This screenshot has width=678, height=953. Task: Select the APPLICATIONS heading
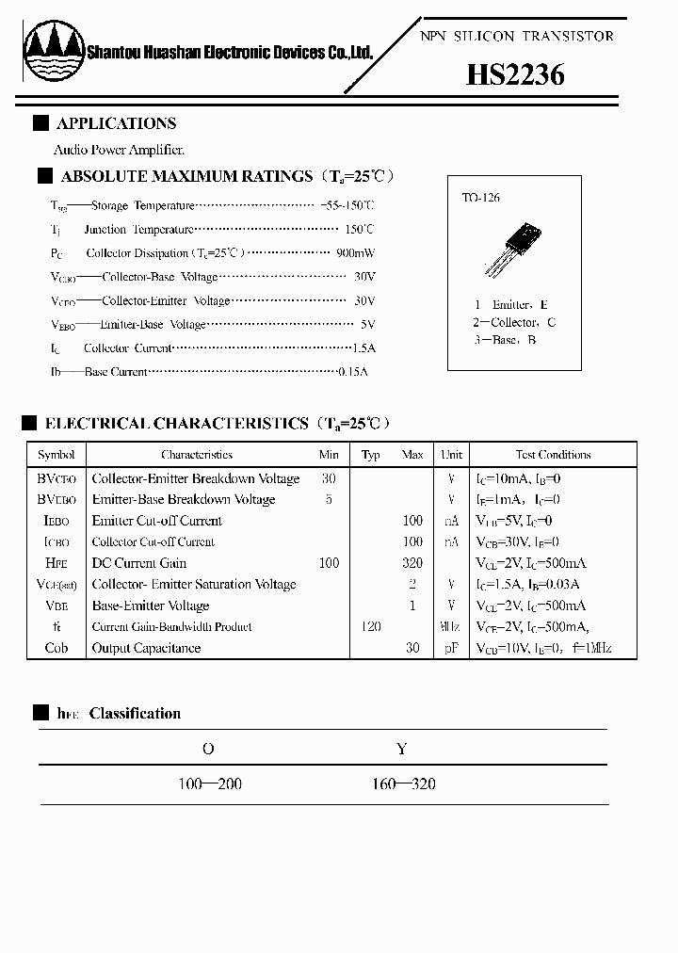pos(116,123)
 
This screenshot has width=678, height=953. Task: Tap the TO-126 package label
pos(480,198)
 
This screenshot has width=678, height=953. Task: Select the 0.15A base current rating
pos(353,372)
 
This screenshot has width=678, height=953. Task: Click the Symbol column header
pos(56,455)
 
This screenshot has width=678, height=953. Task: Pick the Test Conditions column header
pos(553,455)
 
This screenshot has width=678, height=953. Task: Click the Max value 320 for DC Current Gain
pos(412,563)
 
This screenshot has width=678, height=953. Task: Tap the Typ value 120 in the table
pos(371,626)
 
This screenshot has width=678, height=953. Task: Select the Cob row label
pos(56,648)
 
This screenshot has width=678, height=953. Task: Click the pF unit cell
pos(452,648)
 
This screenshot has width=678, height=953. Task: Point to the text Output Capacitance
pos(146,648)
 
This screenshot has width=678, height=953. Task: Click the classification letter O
pos(209,749)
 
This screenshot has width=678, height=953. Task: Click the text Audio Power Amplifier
pos(120,150)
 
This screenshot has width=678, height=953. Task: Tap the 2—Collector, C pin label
pos(514,322)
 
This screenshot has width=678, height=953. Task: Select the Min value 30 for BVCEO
pos(329,478)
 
